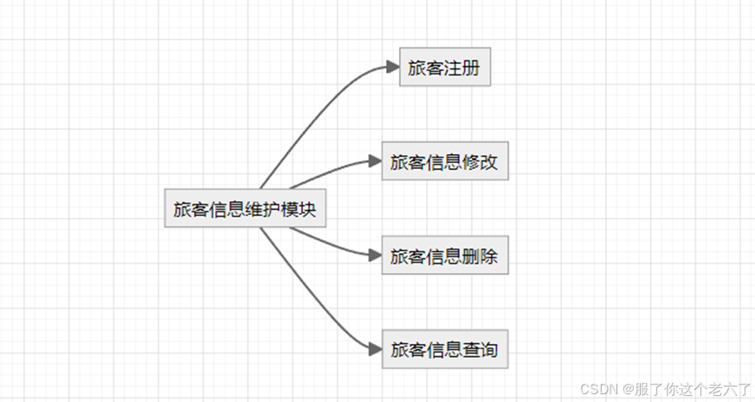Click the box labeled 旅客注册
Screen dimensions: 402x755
click(445, 68)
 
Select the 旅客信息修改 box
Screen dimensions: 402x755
click(444, 162)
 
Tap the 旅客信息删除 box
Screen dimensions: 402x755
click(444, 256)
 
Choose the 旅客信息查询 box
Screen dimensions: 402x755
click(444, 350)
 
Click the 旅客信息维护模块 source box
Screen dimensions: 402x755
click(245, 209)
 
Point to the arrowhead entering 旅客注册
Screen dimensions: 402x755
click(391, 68)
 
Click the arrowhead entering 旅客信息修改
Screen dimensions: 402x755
click(374, 162)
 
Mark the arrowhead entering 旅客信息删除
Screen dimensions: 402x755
click(374, 256)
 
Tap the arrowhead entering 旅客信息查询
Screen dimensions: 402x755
click(374, 350)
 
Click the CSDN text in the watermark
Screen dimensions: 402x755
click(597, 389)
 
